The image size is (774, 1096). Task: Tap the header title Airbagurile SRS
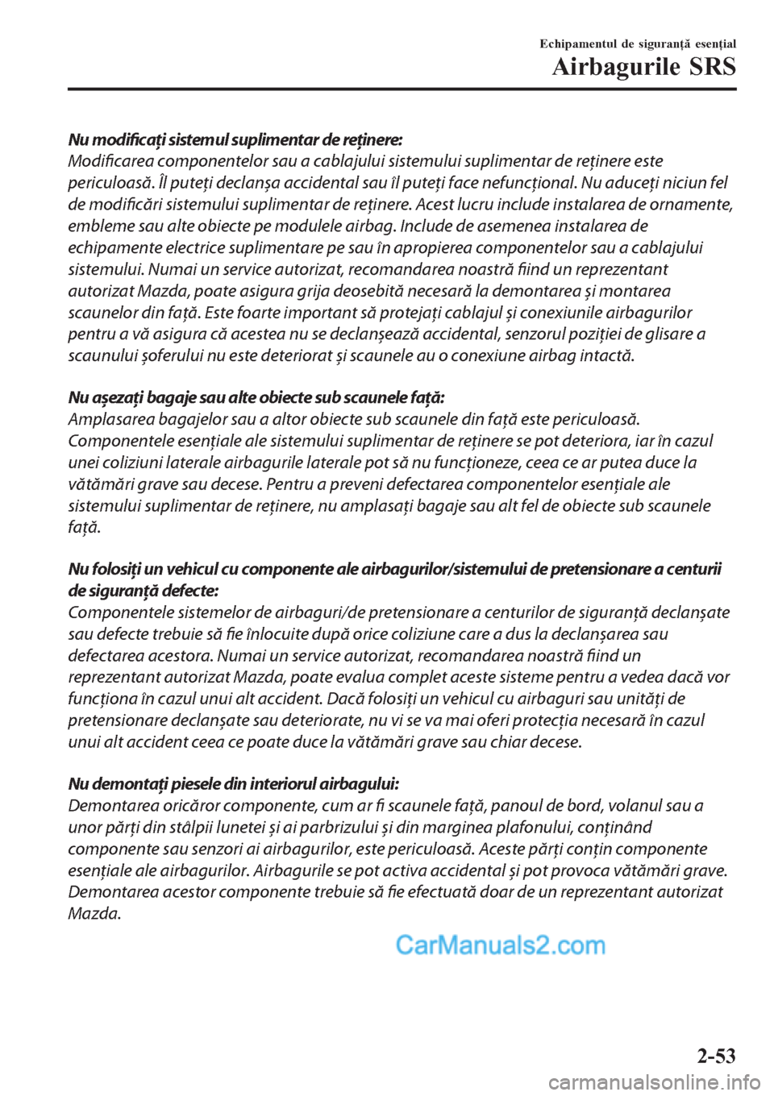(x=644, y=67)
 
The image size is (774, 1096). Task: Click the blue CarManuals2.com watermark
(x=500, y=944)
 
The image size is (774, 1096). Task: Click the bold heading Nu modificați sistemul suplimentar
(x=235, y=139)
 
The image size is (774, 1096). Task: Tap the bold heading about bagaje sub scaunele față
(x=256, y=397)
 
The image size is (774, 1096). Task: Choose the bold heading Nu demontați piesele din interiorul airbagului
(x=234, y=784)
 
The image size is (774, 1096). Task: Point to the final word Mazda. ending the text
(x=95, y=914)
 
